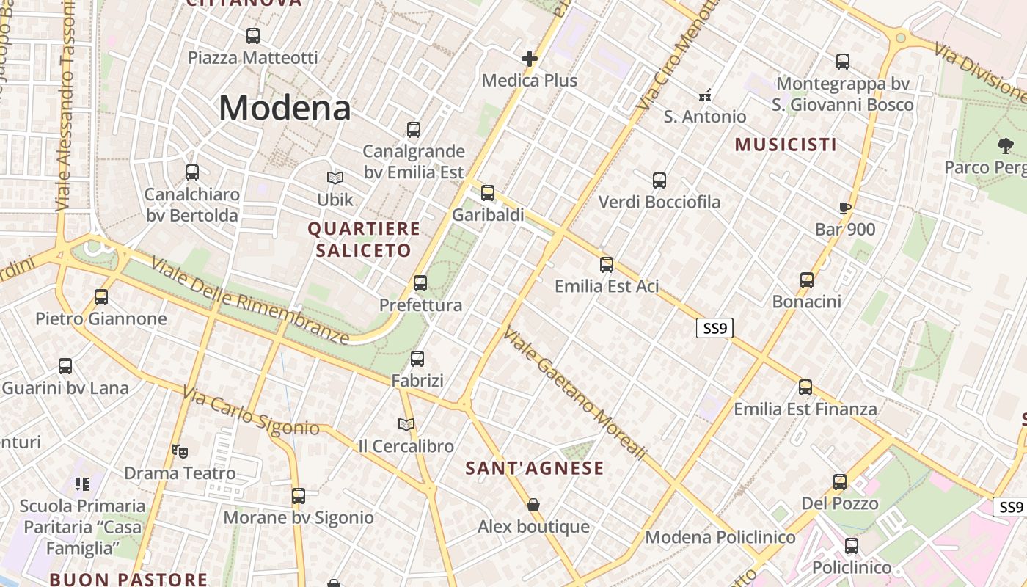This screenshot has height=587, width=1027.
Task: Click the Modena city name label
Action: click(x=285, y=109)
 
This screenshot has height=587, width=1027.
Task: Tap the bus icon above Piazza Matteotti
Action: click(x=253, y=35)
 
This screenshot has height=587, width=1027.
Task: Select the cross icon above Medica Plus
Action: click(x=530, y=59)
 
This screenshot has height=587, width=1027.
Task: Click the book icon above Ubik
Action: click(x=335, y=178)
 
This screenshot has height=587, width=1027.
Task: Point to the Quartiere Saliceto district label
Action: click(x=364, y=240)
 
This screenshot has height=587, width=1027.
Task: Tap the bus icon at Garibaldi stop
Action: click(x=488, y=193)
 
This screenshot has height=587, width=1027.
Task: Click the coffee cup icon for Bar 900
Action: click(x=845, y=208)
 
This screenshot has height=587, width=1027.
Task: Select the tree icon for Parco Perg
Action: click(x=1005, y=146)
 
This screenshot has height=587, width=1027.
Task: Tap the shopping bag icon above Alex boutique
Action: click(x=533, y=505)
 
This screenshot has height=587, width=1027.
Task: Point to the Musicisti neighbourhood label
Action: click(x=786, y=145)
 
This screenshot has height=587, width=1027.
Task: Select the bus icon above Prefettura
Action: click(x=420, y=282)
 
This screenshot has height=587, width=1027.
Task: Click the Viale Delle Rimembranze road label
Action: click(x=249, y=299)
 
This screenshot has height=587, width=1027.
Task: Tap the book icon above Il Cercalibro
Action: click(x=406, y=424)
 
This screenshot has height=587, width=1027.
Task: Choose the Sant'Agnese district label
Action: click(x=535, y=468)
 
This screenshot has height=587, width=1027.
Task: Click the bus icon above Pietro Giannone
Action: click(x=101, y=297)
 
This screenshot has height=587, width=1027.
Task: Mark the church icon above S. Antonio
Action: click(x=705, y=95)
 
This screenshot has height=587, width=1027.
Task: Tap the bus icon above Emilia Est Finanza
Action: click(x=805, y=387)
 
